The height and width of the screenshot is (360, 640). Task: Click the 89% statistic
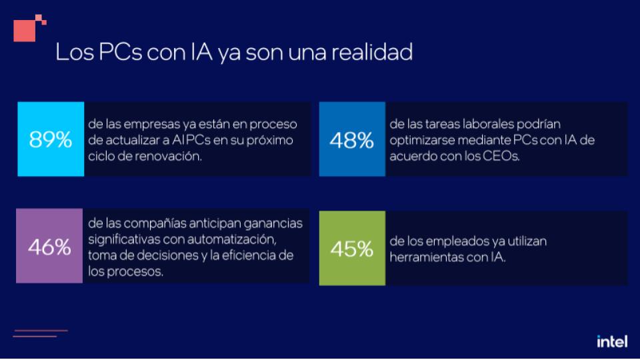point(50,140)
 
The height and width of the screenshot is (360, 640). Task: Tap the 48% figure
point(351,141)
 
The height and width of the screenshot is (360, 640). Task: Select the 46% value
point(49,247)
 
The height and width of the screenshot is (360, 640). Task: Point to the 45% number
point(351,248)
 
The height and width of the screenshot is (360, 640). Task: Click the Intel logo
point(612,341)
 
